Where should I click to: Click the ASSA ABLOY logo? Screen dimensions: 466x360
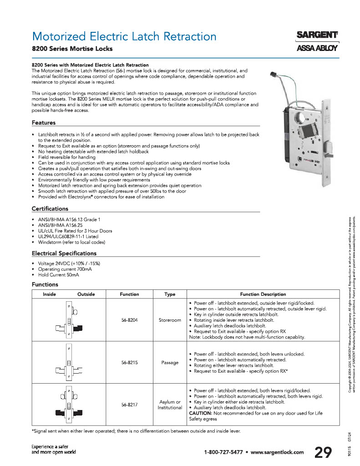point(317,49)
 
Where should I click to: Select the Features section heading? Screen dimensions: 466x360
point(44,122)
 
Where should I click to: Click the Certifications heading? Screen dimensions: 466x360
point(50,208)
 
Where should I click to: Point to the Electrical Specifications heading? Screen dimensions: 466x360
point(64,253)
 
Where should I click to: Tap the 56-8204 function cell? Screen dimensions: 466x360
point(129,320)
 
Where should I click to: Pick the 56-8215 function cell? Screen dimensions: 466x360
point(129,363)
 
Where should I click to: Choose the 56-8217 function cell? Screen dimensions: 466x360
point(129,405)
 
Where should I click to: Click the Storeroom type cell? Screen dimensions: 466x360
point(170,320)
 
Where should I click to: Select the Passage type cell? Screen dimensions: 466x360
point(170,363)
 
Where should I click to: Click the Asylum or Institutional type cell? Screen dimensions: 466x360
point(170,405)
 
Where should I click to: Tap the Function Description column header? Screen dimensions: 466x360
point(263,294)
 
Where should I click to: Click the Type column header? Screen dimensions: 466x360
point(170,294)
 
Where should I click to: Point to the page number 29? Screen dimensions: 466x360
point(323,452)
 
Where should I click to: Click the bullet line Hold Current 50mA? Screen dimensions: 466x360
point(59,275)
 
